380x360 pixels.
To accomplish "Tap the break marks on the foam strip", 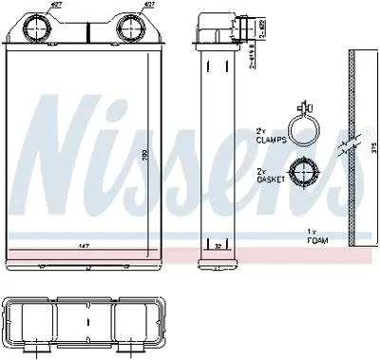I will tap(354, 147).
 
